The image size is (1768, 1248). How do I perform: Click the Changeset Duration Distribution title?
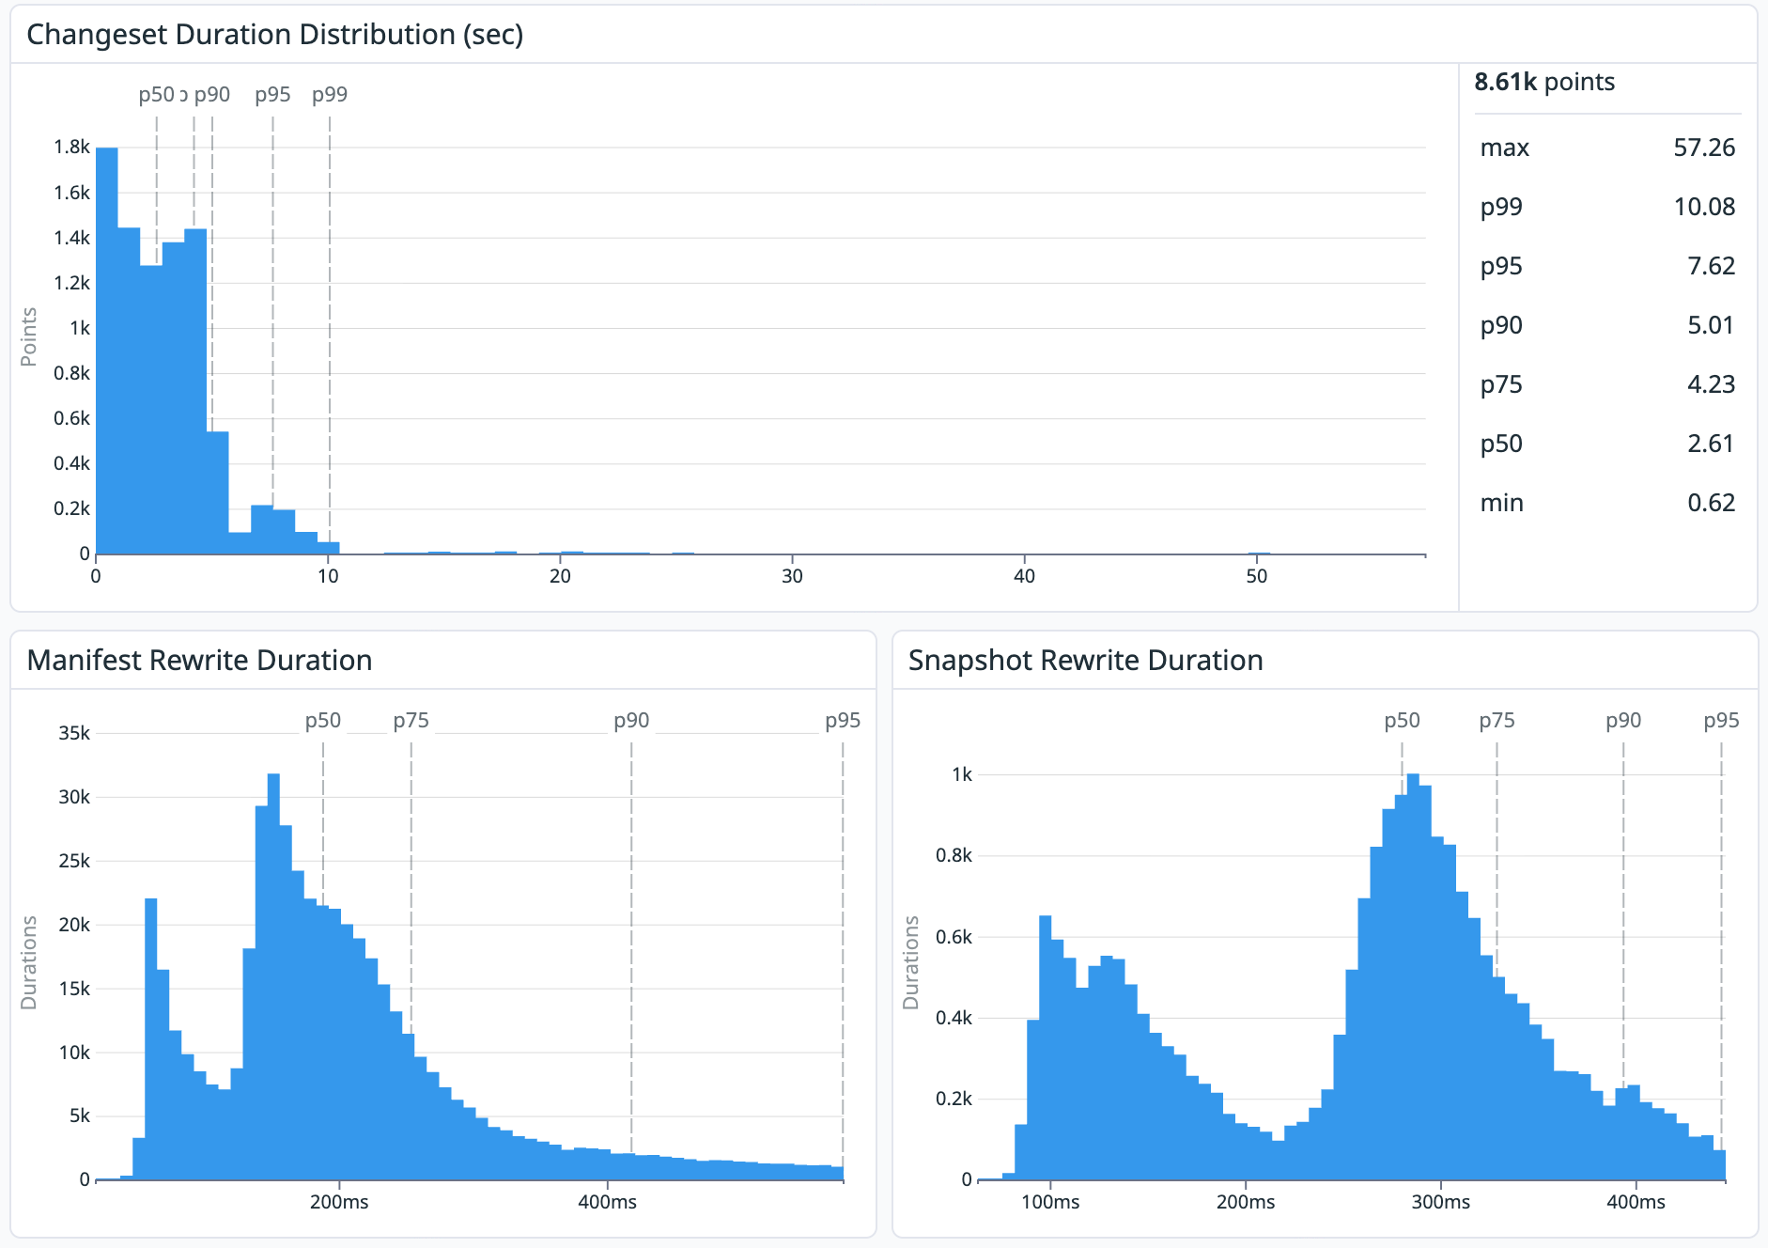coord(274,35)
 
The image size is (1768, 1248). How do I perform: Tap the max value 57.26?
coord(1703,148)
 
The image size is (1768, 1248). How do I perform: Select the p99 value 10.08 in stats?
coord(1703,207)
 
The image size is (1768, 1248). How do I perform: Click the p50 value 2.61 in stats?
coord(1710,444)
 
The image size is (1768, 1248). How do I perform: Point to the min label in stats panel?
coord(1501,503)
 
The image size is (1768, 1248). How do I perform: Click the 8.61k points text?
coord(1543,82)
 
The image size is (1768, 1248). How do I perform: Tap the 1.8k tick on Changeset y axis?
coord(71,147)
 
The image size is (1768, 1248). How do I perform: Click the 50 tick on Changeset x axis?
coord(1256,576)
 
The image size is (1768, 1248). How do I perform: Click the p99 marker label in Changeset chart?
coord(330,94)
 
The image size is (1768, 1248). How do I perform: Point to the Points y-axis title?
coord(29,336)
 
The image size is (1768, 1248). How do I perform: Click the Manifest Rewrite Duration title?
coord(199,661)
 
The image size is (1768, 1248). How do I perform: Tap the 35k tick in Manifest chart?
coord(73,733)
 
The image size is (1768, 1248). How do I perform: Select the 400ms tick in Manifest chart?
coord(607,1202)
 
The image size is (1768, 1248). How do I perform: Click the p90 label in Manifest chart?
coord(631,721)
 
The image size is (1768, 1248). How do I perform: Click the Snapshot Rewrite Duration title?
coord(1085,661)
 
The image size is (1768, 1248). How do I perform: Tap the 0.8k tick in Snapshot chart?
coord(954,855)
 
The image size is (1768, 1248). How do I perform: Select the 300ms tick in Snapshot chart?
coord(1440,1202)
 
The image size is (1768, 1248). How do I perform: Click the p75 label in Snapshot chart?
coord(1497,721)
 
